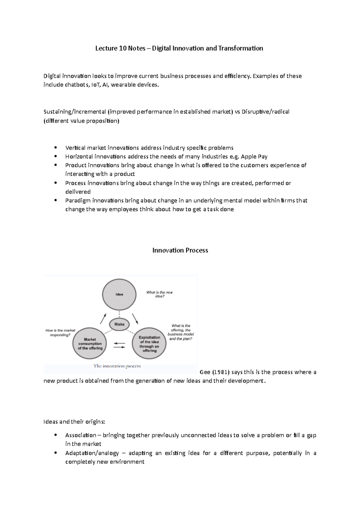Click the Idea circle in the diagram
[x=119, y=294]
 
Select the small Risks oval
[x=119, y=324]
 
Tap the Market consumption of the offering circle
[x=90, y=344]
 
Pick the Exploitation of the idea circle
[x=149, y=344]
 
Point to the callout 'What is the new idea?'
[x=159, y=294]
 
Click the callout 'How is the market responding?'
[x=60, y=332]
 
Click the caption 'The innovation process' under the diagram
[x=117, y=366]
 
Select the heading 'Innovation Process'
[x=180, y=250]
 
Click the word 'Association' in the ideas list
[x=80, y=435]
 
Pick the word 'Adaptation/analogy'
[x=92, y=453]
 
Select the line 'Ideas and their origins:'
[x=74, y=422]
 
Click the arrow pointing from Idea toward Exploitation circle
[x=135, y=319]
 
